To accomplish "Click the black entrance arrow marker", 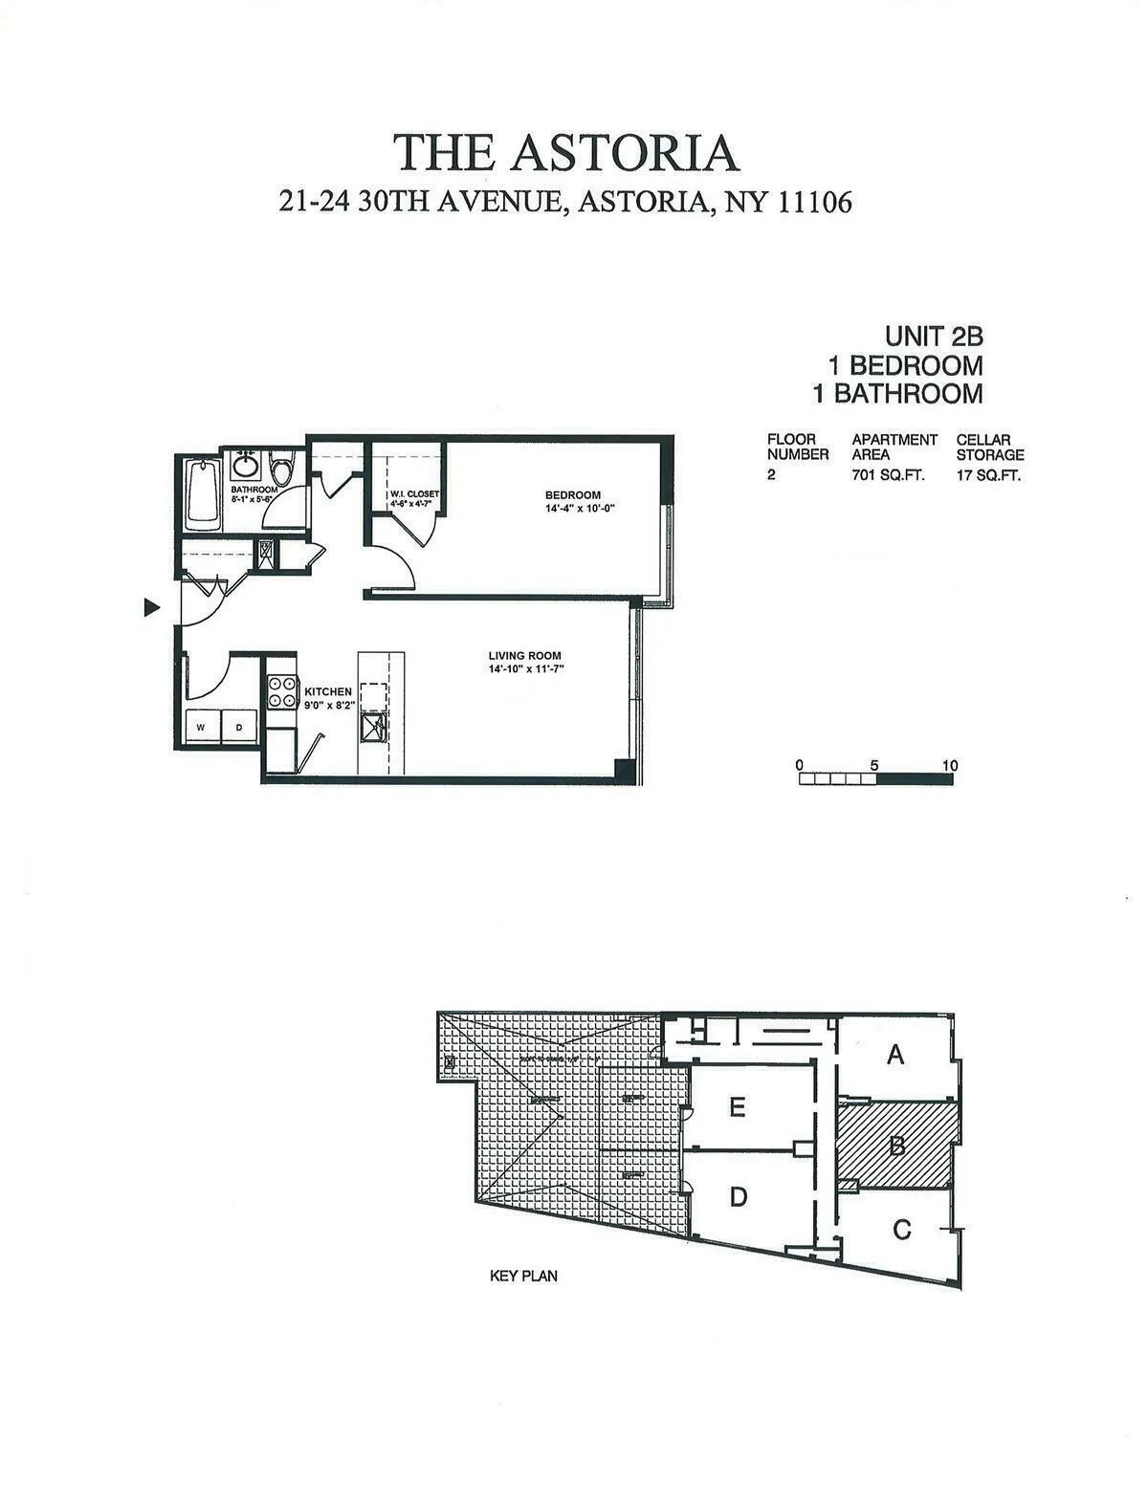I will coord(150,607).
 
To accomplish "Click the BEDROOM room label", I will coord(573,494).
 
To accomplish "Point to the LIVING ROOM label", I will coord(524,656).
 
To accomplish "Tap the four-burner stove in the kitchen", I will coord(282,691).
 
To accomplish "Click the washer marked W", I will coord(202,728).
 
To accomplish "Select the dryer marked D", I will coord(239,728).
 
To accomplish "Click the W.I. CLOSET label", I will coord(414,494).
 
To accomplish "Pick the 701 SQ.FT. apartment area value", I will coord(888,475).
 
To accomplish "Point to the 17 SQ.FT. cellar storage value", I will coord(988,475).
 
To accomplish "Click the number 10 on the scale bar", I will coord(949,766).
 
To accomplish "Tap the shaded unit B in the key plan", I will coord(896,1145).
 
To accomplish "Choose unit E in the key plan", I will coord(737,1107).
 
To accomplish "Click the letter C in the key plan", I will coord(901,1231).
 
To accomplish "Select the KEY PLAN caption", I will coord(523,1276).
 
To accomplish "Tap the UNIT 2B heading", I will coord(933,337).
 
